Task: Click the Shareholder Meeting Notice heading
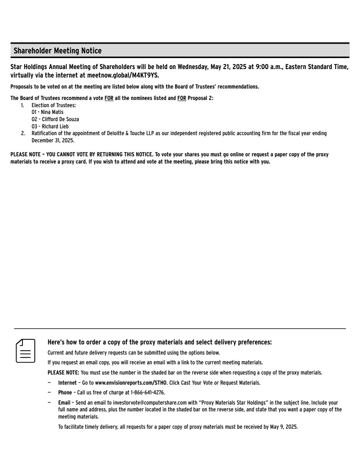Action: click(58, 51)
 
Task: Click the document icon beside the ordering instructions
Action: click(25, 350)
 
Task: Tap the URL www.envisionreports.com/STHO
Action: click(131, 383)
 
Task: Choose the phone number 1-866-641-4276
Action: click(147, 392)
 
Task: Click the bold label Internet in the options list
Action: click(67, 383)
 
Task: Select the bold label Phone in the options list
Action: click(65, 392)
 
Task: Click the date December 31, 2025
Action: click(53, 140)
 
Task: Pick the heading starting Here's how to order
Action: click(159, 342)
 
